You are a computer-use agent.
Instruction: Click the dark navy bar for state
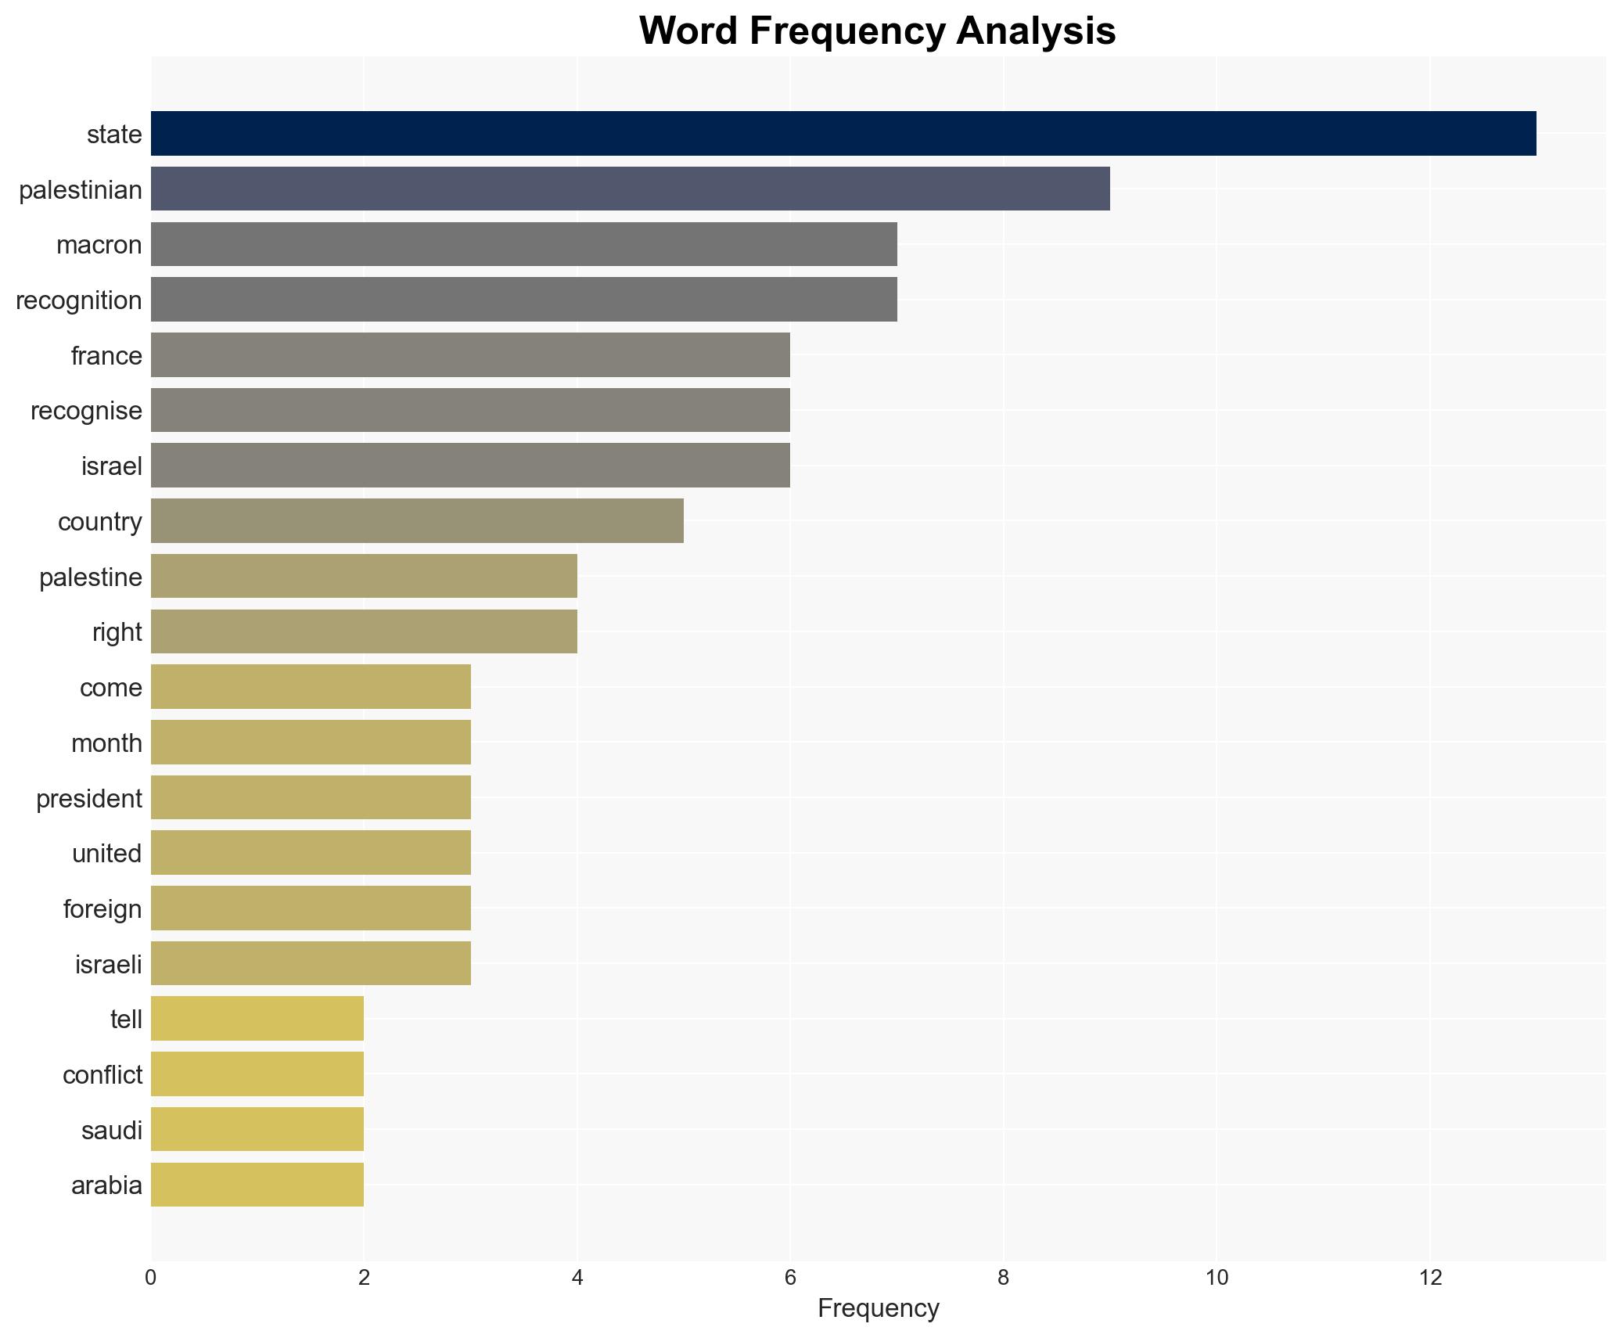click(843, 134)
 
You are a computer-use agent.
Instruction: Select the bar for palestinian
click(630, 189)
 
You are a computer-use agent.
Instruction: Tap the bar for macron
click(523, 244)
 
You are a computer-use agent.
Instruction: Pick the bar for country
click(417, 521)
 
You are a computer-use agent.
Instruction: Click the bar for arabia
click(257, 1185)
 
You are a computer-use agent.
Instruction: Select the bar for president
click(311, 797)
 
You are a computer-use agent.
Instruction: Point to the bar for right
click(364, 631)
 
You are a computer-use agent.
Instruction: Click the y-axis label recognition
click(79, 300)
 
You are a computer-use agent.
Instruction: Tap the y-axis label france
click(106, 356)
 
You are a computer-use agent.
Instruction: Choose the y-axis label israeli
click(108, 964)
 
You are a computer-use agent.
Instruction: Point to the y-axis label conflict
click(102, 1075)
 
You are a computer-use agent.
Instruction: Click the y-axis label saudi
click(112, 1131)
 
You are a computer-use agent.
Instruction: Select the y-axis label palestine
click(91, 577)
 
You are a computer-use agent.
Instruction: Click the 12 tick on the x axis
click(1430, 1278)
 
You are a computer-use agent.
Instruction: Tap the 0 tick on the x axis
click(150, 1278)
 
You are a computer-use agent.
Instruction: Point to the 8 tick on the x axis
click(1003, 1278)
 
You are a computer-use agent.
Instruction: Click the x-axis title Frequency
click(878, 1308)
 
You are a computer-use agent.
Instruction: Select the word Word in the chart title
click(688, 31)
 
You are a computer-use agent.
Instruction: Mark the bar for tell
click(257, 1019)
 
